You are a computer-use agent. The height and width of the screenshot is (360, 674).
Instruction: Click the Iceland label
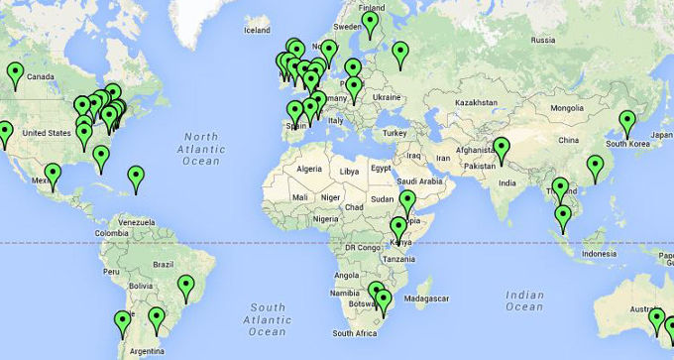pyautogui.click(x=256, y=30)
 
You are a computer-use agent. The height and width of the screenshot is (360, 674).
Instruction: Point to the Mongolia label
pyautogui.click(x=567, y=107)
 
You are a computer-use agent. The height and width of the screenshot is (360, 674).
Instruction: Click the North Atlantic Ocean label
pyautogui.click(x=200, y=148)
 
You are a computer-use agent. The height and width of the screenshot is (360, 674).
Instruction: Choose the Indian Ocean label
pyautogui.click(x=524, y=300)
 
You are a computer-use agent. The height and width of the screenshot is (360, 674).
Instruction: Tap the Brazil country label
pyautogui.click(x=165, y=264)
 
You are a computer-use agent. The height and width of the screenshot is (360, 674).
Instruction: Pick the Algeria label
pyautogui.click(x=310, y=170)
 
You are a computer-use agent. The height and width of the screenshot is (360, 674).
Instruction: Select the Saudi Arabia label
pyautogui.click(x=418, y=181)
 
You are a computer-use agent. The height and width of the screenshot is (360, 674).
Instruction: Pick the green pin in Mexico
pyautogui.click(x=53, y=176)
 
